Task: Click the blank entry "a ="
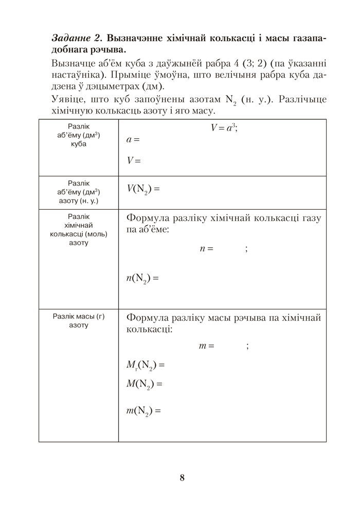[x=133, y=139]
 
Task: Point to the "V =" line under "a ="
[x=133, y=160]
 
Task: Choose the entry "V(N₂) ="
[x=143, y=189]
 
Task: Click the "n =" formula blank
[x=206, y=249]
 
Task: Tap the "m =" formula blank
[x=206, y=346]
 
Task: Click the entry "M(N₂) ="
[x=144, y=383]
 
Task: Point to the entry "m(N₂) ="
[x=144, y=411]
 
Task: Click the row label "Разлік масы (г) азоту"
[x=78, y=321]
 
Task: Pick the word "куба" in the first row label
[x=79, y=144]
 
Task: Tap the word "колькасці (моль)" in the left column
[x=79, y=234]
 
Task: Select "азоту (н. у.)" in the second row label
[x=79, y=200]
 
